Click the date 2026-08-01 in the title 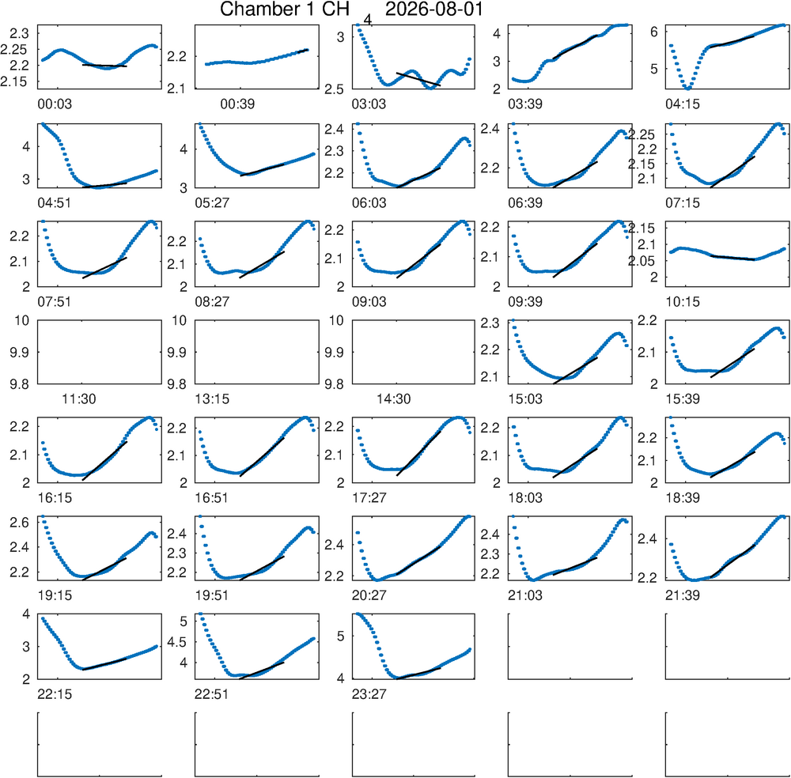(433, 9)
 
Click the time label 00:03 (55, 104)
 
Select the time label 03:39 (525, 104)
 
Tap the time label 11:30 (78, 399)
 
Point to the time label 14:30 (393, 399)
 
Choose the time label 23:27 (369, 694)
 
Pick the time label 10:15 (683, 302)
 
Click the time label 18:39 (683, 498)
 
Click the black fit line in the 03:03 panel (418, 79)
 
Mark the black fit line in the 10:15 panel (732, 258)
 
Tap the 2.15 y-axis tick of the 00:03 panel (14, 81)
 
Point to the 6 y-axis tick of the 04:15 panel (654, 32)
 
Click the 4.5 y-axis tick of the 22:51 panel (176, 642)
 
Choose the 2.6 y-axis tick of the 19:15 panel (20, 523)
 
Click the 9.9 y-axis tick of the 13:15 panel (177, 353)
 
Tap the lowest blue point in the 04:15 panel (688, 89)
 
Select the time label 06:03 (369, 203)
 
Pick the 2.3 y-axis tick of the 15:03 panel (490, 323)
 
